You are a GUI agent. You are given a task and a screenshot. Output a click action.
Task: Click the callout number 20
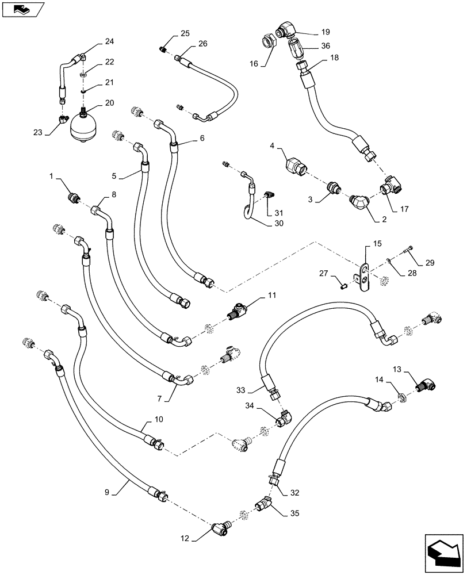pyautogui.click(x=109, y=103)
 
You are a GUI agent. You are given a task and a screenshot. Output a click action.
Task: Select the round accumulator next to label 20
pyautogui.click(x=83, y=126)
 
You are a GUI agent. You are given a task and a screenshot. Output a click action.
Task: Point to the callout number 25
pyautogui.click(x=184, y=33)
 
